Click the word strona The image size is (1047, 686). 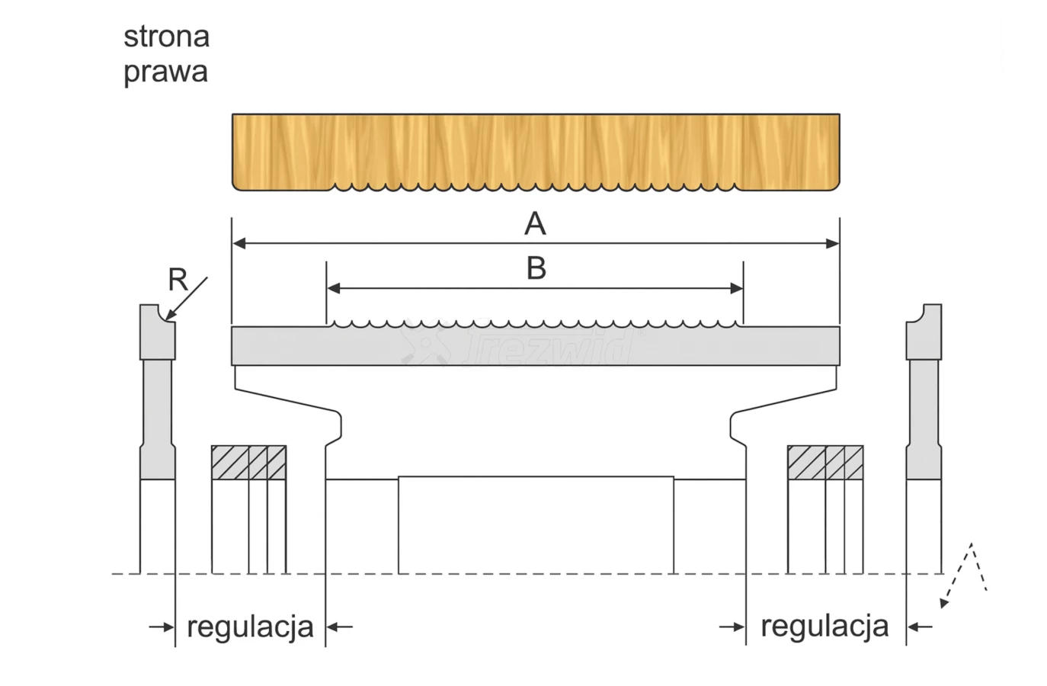pyautogui.click(x=166, y=37)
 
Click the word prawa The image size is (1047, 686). pyautogui.click(x=165, y=72)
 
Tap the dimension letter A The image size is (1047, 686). pyautogui.click(x=535, y=224)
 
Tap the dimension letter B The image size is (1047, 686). pyautogui.click(x=536, y=268)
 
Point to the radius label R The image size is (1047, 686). pyautogui.click(x=178, y=280)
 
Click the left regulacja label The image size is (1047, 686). pyautogui.click(x=250, y=627)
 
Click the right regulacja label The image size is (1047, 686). pyautogui.click(x=824, y=627)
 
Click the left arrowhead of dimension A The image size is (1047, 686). pyautogui.click(x=239, y=244)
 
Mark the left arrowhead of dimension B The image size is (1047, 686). pyautogui.click(x=333, y=288)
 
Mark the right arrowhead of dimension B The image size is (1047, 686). pyautogui.click(x=736, y=288)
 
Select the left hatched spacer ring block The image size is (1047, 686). pyautogui.click(x=248, y=463)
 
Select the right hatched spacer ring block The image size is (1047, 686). pyautogui.click(x=824, y=463)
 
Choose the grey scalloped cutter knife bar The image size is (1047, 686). pyautogui.click(x=536, y=346)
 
